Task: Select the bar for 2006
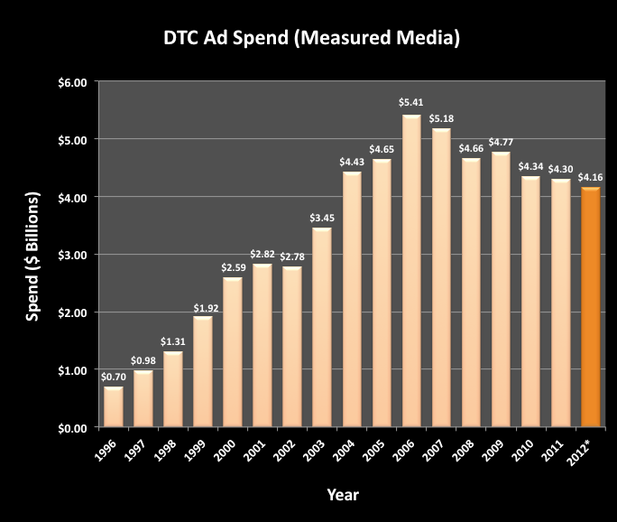[x=411, y=271]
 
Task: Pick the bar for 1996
[x=114, y=406]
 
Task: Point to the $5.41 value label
[x=411, y=104]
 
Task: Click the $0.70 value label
[x=114, y=376]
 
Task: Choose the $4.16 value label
[x=591, y=177]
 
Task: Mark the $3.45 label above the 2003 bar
[x=322, y=218]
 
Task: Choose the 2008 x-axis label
[x=467, y=449]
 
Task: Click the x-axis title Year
[x=343, y=494]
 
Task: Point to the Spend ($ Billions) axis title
[x=33, y=256]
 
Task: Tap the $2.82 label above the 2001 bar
[x=262, y=254]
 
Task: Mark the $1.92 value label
[x=203, y=306]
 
